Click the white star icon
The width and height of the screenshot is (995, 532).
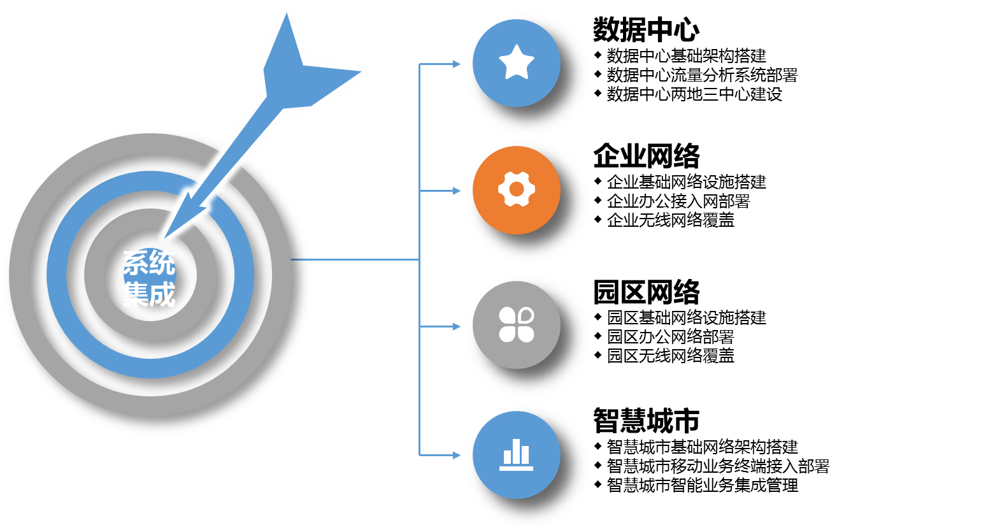pos(516,62)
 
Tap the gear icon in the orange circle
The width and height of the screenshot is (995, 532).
pos(517,189)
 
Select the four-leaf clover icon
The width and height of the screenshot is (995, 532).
pos(516,325)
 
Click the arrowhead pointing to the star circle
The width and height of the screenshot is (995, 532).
pos(456,64)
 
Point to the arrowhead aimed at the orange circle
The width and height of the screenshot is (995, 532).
pos(456,191)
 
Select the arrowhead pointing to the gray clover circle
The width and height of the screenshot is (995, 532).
pos(456,327)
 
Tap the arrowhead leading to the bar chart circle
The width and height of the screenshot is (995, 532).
pos(456,456)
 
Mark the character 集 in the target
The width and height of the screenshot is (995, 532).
pos(136,295)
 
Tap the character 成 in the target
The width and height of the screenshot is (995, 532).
pos(162,295)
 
